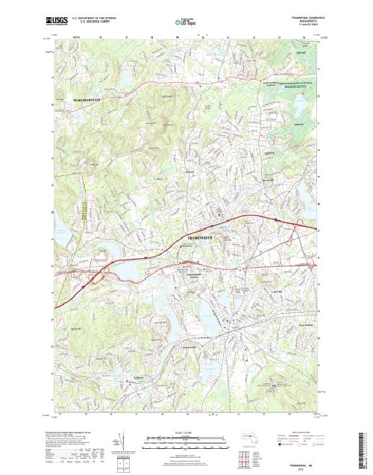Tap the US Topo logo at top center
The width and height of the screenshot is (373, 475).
[x=186, y=22]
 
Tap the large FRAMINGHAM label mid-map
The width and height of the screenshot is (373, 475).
[x=198, y=236]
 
